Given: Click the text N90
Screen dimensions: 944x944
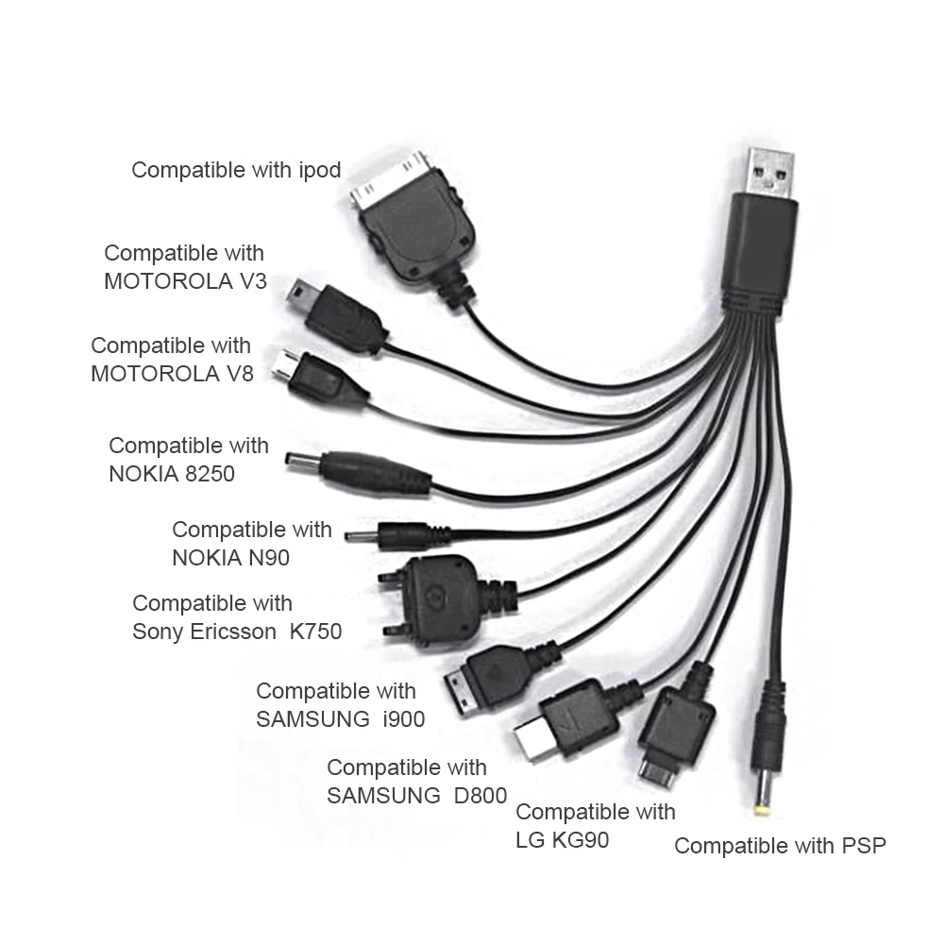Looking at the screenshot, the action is [x=269, y=558].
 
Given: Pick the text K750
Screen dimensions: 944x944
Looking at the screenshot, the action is [x=314, y=632].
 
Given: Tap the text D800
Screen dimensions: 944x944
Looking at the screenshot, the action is [x=480, y=795].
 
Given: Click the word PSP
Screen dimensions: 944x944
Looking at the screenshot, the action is [x=864, y=845].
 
